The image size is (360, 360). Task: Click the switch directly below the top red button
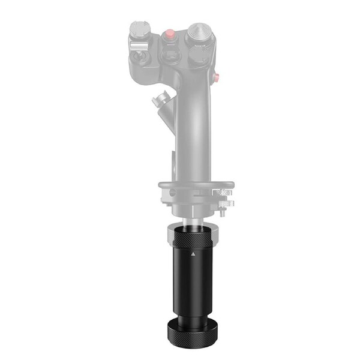tap(170, 56)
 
